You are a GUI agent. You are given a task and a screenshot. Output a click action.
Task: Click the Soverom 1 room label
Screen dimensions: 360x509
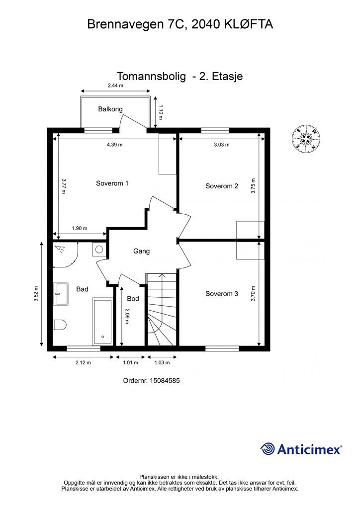click(112, 183)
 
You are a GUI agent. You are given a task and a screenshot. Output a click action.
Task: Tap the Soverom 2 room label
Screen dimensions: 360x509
click(222, 186)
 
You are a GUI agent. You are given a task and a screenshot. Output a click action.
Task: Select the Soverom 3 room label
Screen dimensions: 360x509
click(222, 294)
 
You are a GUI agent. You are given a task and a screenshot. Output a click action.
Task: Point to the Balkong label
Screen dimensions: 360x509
click(110, 109)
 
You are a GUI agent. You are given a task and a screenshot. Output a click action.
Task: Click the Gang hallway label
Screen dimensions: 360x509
click(142, 251)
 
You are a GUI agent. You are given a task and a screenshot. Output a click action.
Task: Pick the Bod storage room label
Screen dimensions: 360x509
click(133, 298)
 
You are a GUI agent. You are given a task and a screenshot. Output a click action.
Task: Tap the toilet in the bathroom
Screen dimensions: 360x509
click(59, 325)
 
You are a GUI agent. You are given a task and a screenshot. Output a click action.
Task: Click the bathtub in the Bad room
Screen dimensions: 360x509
click(102, 321)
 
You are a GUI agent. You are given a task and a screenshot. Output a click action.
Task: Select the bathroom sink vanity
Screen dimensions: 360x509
click(61, 294)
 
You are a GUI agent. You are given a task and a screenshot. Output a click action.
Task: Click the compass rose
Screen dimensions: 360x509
click(306, 138)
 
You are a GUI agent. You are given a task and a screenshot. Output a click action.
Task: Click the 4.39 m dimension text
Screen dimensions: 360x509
click(114, 145)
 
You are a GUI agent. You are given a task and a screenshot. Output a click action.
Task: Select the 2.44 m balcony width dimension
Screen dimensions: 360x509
click(115, 85)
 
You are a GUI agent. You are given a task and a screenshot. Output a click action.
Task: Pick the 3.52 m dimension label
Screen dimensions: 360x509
click(36, 294)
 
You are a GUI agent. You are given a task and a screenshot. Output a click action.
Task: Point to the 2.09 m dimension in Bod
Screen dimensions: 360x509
click(127, 316)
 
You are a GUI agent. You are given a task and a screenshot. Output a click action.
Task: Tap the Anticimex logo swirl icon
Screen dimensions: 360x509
click(268, 449)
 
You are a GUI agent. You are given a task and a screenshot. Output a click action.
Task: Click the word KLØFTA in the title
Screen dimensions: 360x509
click(249, 24)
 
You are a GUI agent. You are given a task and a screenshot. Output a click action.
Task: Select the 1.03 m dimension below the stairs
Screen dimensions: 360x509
click(162, 362)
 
